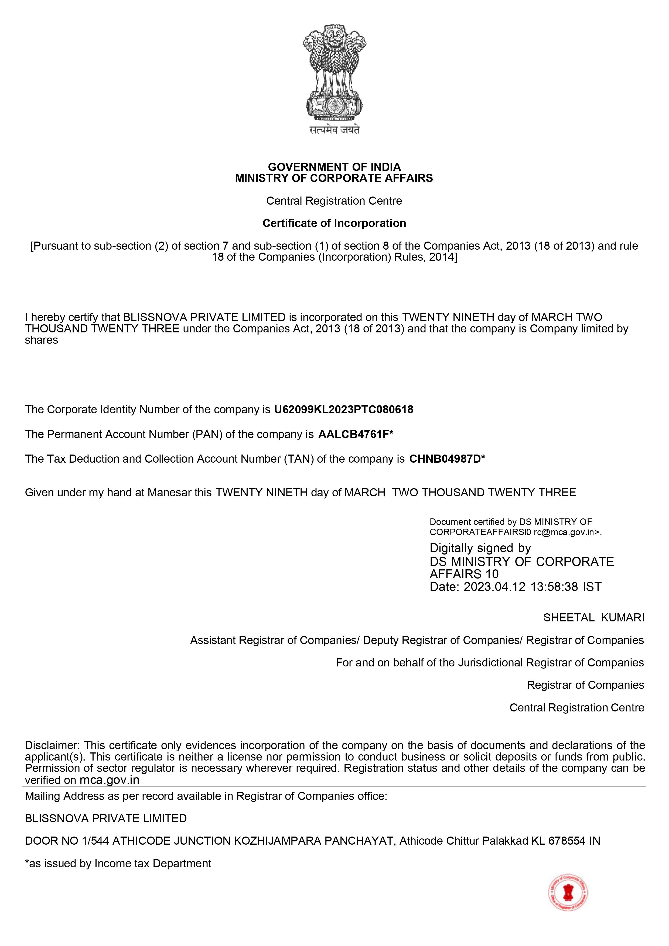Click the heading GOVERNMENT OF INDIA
click(x=334, y=167)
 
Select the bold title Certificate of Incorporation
click(x=334, y=223)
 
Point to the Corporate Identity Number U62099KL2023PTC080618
click(x=343, y=410)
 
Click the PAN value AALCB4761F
click(x=353, y=434)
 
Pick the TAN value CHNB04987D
click(x=445, y=459)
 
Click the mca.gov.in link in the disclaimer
click(x=109, y=780)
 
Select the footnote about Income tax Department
click(x=118, y=863)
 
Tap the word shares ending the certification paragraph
click(x=41, y=340)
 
